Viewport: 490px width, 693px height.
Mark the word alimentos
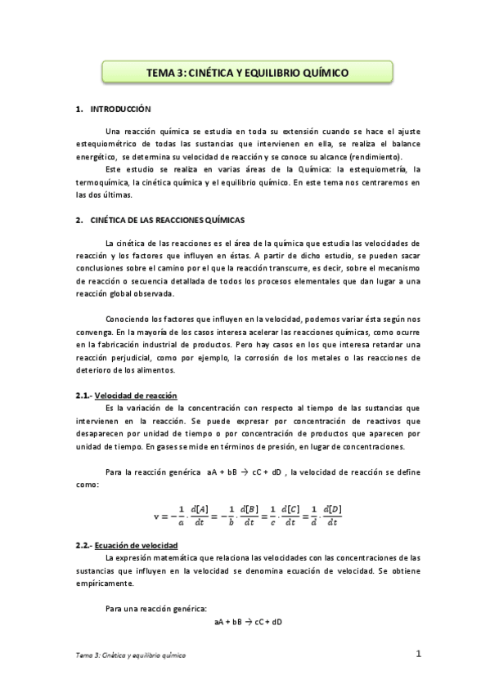tap(174, 370)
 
